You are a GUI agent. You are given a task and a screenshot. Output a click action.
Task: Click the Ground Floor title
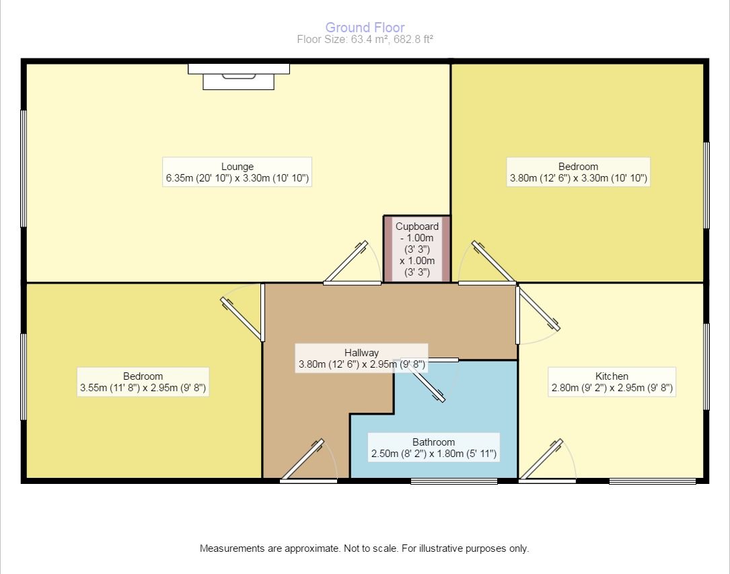pos(365,28)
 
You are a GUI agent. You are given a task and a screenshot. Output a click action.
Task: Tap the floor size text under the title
pos(365,40)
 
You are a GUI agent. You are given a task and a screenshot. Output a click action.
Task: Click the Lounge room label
pos(237,173)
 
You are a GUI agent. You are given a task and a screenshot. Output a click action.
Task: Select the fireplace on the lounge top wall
pos(239,75)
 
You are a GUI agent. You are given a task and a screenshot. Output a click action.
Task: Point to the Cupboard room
pos(416,249)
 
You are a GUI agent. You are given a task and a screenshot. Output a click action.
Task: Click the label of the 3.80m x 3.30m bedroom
pos(578,173)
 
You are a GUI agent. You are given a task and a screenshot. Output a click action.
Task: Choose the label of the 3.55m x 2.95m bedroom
pos(143,382)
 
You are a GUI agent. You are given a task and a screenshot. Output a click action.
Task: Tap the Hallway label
pos(361,359)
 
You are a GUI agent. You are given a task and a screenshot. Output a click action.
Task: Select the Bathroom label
pos(433,448)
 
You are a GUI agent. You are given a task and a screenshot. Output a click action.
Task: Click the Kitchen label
pos(612,382)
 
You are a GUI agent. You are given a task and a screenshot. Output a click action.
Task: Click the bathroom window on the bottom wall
pos(454,481)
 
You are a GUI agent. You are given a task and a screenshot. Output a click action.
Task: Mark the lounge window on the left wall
pos(24,168)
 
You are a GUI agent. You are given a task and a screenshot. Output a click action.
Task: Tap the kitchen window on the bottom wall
pos(652,481)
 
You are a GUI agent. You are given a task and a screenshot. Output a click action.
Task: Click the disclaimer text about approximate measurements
pos(365,548)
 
